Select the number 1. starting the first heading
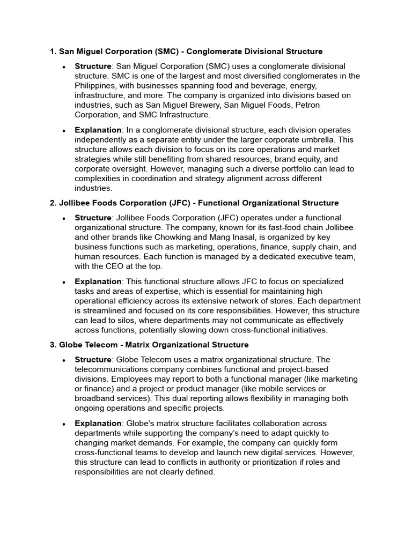click(x=53, y=51)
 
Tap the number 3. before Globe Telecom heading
click(x=53, y=345)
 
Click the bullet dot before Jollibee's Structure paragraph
click(x=64, y=218)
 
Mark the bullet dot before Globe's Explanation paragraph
click(x=64, y=424)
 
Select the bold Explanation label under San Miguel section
click(x=98, y=130)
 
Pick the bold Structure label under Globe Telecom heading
click(x=93, y=360)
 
